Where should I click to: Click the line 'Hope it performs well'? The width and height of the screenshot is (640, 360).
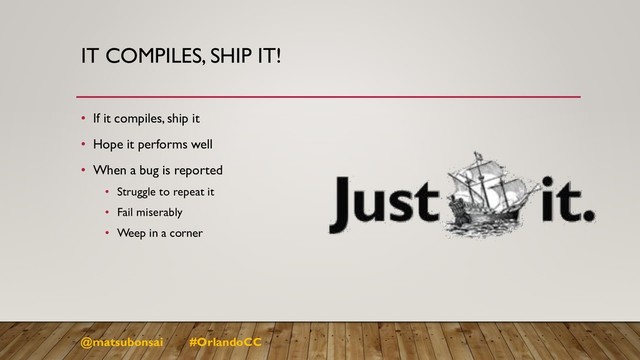(152, 144)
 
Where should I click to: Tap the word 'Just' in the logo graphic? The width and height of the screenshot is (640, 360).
(384, 205)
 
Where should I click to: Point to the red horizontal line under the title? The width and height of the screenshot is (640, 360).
(330, 96)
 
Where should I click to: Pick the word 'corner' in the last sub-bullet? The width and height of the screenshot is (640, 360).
(186, 234)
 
